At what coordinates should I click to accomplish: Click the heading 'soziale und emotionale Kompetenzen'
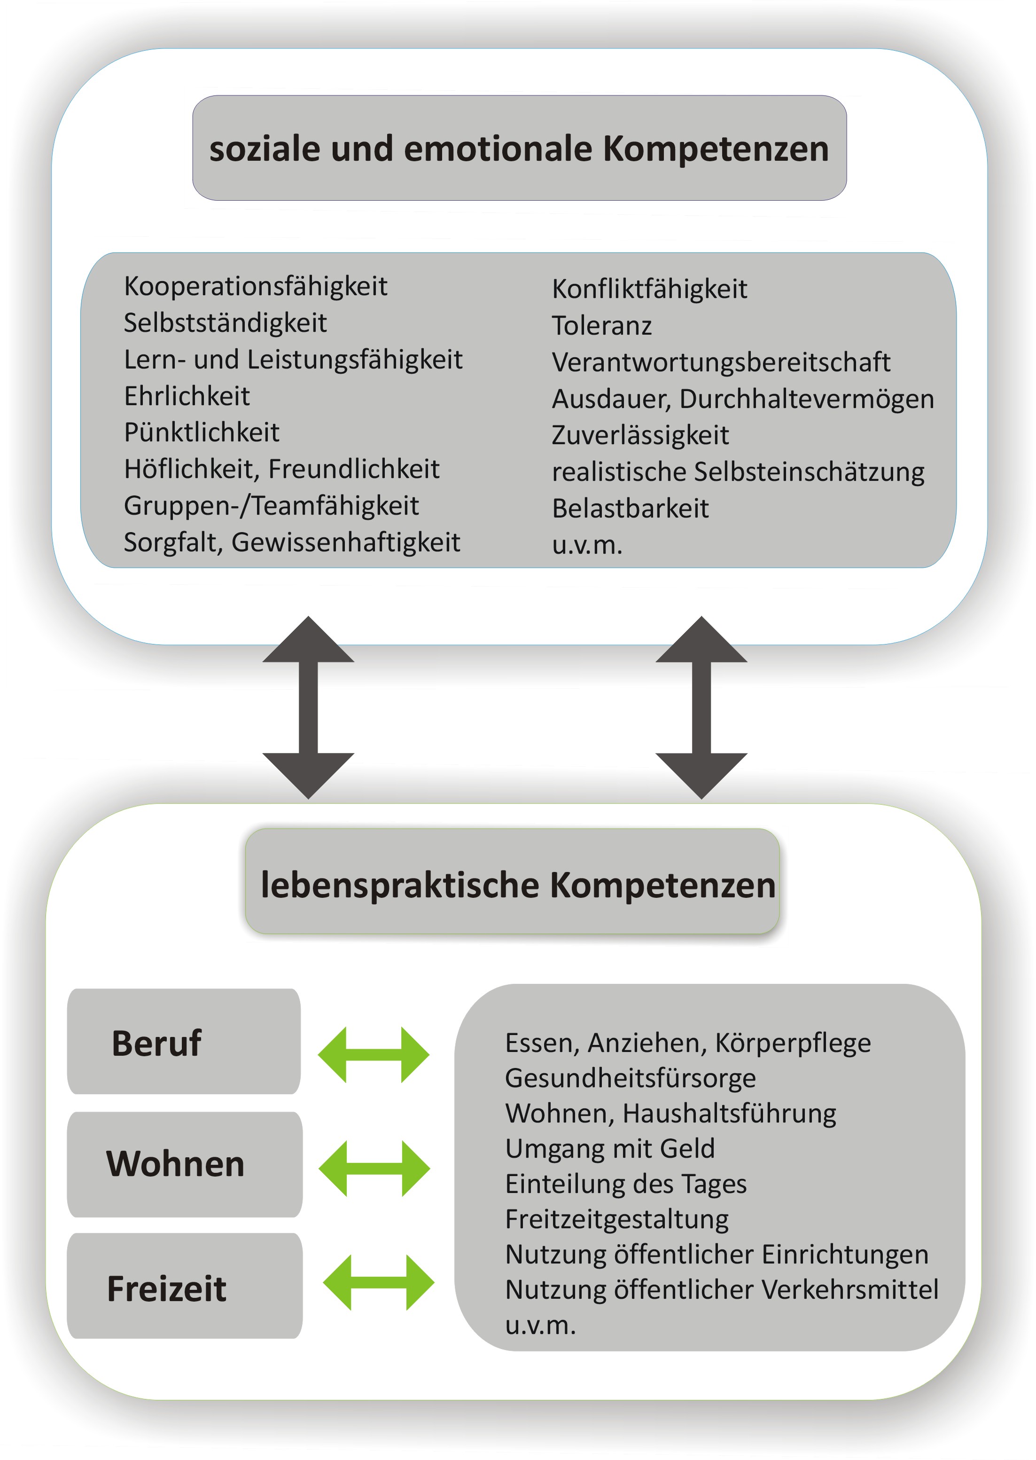pos(519,149)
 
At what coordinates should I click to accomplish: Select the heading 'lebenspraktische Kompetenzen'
pos(518,885)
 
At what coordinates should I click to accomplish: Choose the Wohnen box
pos(184,1164)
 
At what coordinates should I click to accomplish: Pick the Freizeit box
pos(184,1286)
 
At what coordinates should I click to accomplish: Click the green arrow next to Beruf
pos(374,1055)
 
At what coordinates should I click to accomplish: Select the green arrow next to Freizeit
pos(379,1283)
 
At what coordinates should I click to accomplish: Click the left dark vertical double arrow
pos(308,707)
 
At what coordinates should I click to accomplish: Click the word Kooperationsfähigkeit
pos(256,287)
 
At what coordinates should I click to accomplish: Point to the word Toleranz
pos(601,325)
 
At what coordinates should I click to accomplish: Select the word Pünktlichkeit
pos(202,432)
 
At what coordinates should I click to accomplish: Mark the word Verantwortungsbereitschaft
pos(721,362)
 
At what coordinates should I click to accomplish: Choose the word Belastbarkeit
pos(630,509)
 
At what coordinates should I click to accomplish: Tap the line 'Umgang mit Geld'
pos(610,1149)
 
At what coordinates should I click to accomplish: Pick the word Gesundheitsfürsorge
pos(630,1078)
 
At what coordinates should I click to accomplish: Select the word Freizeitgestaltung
pos(617,1219)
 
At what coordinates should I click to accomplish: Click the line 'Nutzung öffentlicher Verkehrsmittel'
pos(722,1290)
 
